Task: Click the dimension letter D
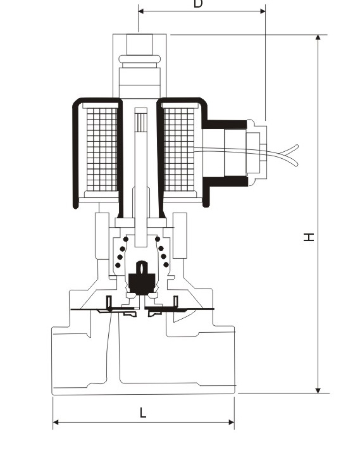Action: point(198,3)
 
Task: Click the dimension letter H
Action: point(309,237)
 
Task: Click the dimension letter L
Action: point(143,413)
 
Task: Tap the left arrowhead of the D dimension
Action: point(141,11)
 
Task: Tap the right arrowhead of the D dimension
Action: point(263,11)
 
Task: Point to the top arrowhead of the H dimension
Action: point(318,37)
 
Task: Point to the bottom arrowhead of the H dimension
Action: point(318,390)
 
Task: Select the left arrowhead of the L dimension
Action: point(56,423)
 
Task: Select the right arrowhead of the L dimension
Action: point(232,423)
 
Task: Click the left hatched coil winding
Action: point(102,149)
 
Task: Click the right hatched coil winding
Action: point(179,149)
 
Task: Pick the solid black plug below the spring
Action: point(142,279)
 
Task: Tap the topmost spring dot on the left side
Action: point(126,239)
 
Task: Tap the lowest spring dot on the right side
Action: point(166,264)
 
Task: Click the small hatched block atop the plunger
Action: point(141,122)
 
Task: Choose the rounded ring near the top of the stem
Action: point(140,59)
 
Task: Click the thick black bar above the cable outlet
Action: point(225,125)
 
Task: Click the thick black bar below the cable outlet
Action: point(225,181)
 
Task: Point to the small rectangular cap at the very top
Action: point(140,44)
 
